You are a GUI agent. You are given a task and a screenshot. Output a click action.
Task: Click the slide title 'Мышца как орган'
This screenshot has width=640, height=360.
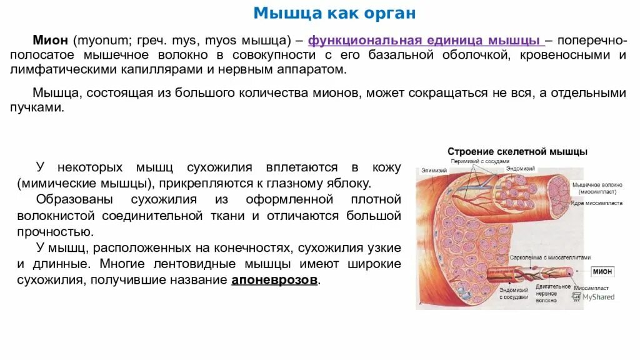[334, 14]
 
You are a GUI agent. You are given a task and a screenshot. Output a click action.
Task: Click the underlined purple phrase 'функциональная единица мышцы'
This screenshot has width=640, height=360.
[425, 41]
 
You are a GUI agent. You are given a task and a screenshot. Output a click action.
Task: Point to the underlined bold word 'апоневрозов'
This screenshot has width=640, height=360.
[274, 279]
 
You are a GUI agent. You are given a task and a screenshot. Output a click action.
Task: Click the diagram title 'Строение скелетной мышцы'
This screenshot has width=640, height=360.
[517, 152]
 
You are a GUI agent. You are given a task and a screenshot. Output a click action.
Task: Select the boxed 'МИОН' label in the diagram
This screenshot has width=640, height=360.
[602, 272]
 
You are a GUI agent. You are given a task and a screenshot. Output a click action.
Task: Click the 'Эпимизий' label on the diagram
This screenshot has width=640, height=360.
[433, 170]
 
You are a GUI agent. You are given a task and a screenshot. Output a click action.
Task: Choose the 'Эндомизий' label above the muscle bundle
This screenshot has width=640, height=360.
[520, 169]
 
